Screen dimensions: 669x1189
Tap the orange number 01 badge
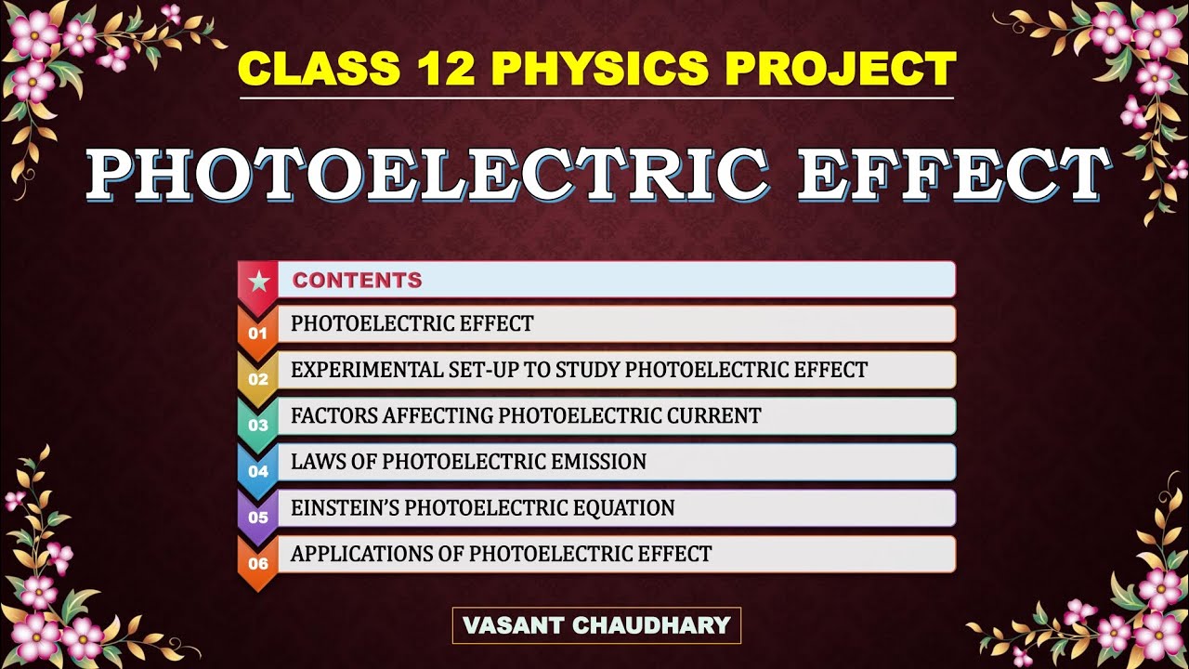point(257,333)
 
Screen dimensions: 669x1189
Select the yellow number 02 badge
point(257,379)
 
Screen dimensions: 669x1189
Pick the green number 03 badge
point(257,426)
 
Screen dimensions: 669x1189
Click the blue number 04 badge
point(257,471)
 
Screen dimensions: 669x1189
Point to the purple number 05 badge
point(257,518)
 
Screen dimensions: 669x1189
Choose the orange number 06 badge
point(257,564)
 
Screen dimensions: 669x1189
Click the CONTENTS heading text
point(357,280)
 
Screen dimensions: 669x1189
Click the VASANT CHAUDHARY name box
point(596,625)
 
